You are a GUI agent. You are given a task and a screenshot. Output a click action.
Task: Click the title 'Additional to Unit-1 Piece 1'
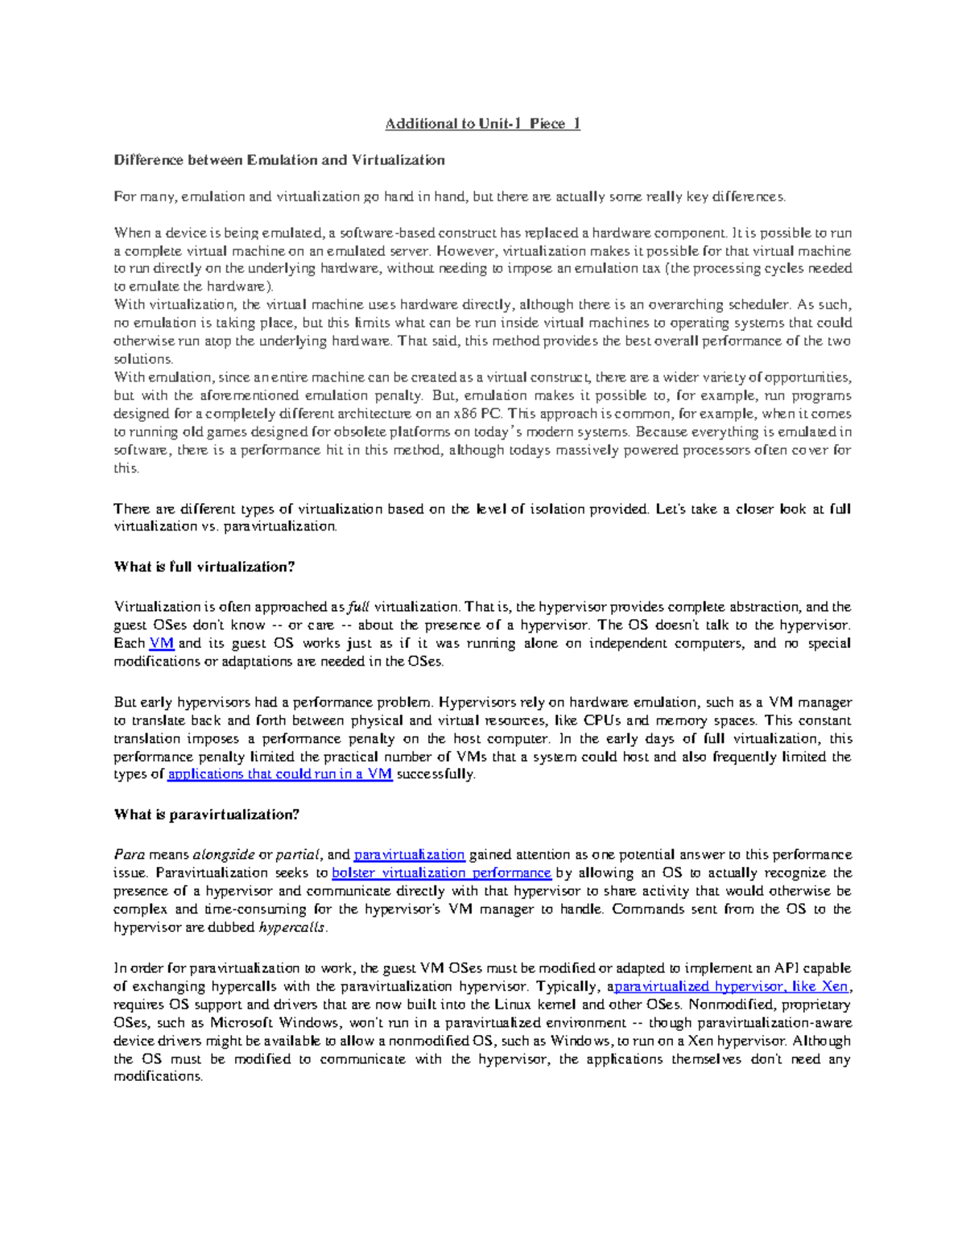[482, 123]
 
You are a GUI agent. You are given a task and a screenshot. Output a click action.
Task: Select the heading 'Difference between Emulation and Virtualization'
[279, 160]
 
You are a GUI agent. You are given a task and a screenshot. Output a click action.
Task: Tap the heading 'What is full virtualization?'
[204, 567]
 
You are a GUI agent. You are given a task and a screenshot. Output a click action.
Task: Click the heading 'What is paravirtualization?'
[207, 815]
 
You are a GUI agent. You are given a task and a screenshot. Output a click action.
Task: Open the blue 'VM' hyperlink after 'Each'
[162, 643]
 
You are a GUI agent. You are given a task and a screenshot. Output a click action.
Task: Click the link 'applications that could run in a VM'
[280, 774]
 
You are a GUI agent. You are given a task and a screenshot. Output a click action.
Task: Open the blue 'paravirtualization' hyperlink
[409, 855]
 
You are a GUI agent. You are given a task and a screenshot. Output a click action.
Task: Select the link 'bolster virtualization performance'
[441, 873]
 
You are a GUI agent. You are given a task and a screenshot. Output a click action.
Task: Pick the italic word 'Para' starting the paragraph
[129, 855]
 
